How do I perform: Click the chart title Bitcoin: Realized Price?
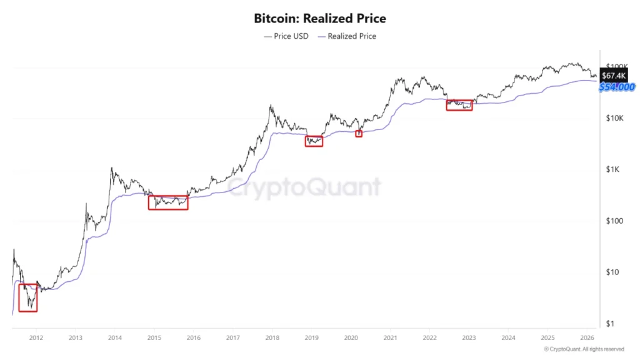coord(319,18)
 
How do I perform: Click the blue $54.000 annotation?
coord(617,87)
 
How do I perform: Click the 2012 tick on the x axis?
coord(36,337)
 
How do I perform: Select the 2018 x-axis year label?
coord(272,337)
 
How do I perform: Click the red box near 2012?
coord(28,297)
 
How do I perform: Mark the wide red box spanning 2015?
coord(167,202)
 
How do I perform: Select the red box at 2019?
coord(314,141)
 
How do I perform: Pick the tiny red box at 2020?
coord(359,134)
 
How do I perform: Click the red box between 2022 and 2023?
coord(459,105)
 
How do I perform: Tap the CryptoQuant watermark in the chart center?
coord(304,187)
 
